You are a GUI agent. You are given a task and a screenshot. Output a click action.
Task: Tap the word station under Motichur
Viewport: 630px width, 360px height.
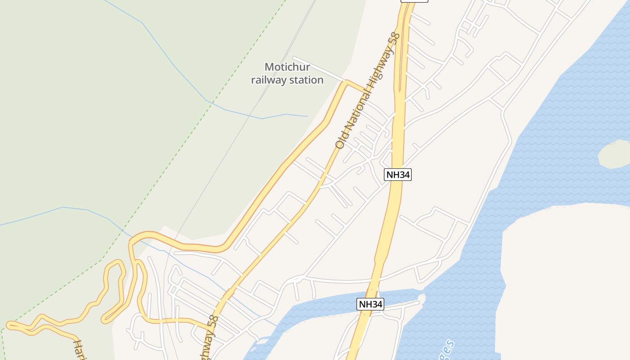point(306,80)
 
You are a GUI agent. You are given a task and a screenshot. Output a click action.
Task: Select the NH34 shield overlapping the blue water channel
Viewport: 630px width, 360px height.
point(371,304)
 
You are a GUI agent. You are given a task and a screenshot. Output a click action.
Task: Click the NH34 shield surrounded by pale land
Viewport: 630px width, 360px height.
point(398,175)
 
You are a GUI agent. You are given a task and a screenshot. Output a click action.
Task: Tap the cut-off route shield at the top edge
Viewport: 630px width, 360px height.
point(414,1)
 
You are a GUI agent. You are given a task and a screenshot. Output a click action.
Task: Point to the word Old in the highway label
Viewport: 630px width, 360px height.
point(341,141)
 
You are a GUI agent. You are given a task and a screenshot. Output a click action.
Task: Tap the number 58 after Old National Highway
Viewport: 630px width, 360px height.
point(395,38)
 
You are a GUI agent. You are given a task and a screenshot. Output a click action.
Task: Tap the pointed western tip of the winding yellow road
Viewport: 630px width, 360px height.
point(8,324)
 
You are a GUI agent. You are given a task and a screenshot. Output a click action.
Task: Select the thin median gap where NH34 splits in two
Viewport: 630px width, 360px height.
point(400,67)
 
